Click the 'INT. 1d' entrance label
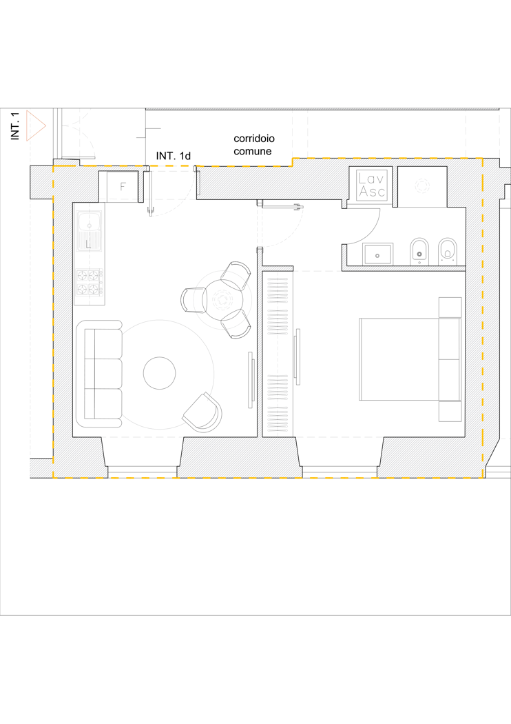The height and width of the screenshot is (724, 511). coord(174,156)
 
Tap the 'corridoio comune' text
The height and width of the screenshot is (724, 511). coord(254,145)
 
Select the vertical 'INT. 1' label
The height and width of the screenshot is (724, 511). coord(15,125)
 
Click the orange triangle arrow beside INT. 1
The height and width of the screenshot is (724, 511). coord(36,125)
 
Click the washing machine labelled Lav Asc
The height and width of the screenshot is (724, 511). coord(372,185)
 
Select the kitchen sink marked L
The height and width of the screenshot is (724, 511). coord(90,231)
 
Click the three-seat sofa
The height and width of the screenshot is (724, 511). coord(100,373)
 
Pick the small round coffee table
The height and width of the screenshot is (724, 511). coord(160,373)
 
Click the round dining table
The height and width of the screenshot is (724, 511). coord(223,300)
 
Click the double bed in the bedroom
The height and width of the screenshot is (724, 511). coord(410,359)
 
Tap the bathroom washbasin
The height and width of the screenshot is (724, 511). coord(377,254)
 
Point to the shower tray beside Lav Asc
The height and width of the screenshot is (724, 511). coord(422,187)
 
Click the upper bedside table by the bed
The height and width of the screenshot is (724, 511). coord(450,307)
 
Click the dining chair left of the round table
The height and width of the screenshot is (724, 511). coord(193,299)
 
